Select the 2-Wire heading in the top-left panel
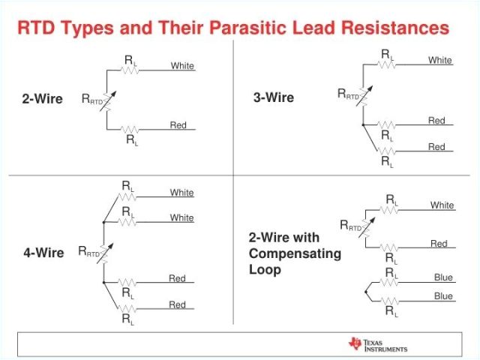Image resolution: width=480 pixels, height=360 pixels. pyautogui.click(x=42, y=99)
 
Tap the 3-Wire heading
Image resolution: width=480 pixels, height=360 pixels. pyautogui.click(x=274, y=97)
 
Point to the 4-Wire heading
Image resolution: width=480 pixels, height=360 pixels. pyautogui.click(x=43, y=253)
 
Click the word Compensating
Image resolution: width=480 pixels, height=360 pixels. pyautogui.click(x=295, y=253)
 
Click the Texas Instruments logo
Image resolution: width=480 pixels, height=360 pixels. pyautogui.click(x=377, y=344)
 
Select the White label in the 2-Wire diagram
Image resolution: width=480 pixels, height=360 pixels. pyautogui.click(x=182, y=66)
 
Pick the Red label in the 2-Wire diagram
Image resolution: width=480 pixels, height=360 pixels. pyautogui.click(x=178, y=125)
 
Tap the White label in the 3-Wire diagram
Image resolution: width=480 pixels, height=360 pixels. pyautogui.click(x=440, y=60)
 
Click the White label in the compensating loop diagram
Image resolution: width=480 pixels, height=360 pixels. pyautogui.click(x=442, y=205)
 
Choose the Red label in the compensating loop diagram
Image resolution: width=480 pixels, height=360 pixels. pyautogui.click(x=439, y=244)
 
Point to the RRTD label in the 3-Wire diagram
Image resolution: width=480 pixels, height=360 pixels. pyautogui.click(x=348, y=94)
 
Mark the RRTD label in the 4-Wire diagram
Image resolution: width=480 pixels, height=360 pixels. pyautogui.click(x=88, y=253)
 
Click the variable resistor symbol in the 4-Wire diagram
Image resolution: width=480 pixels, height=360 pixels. pyautogui.click(x=106, y=253)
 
